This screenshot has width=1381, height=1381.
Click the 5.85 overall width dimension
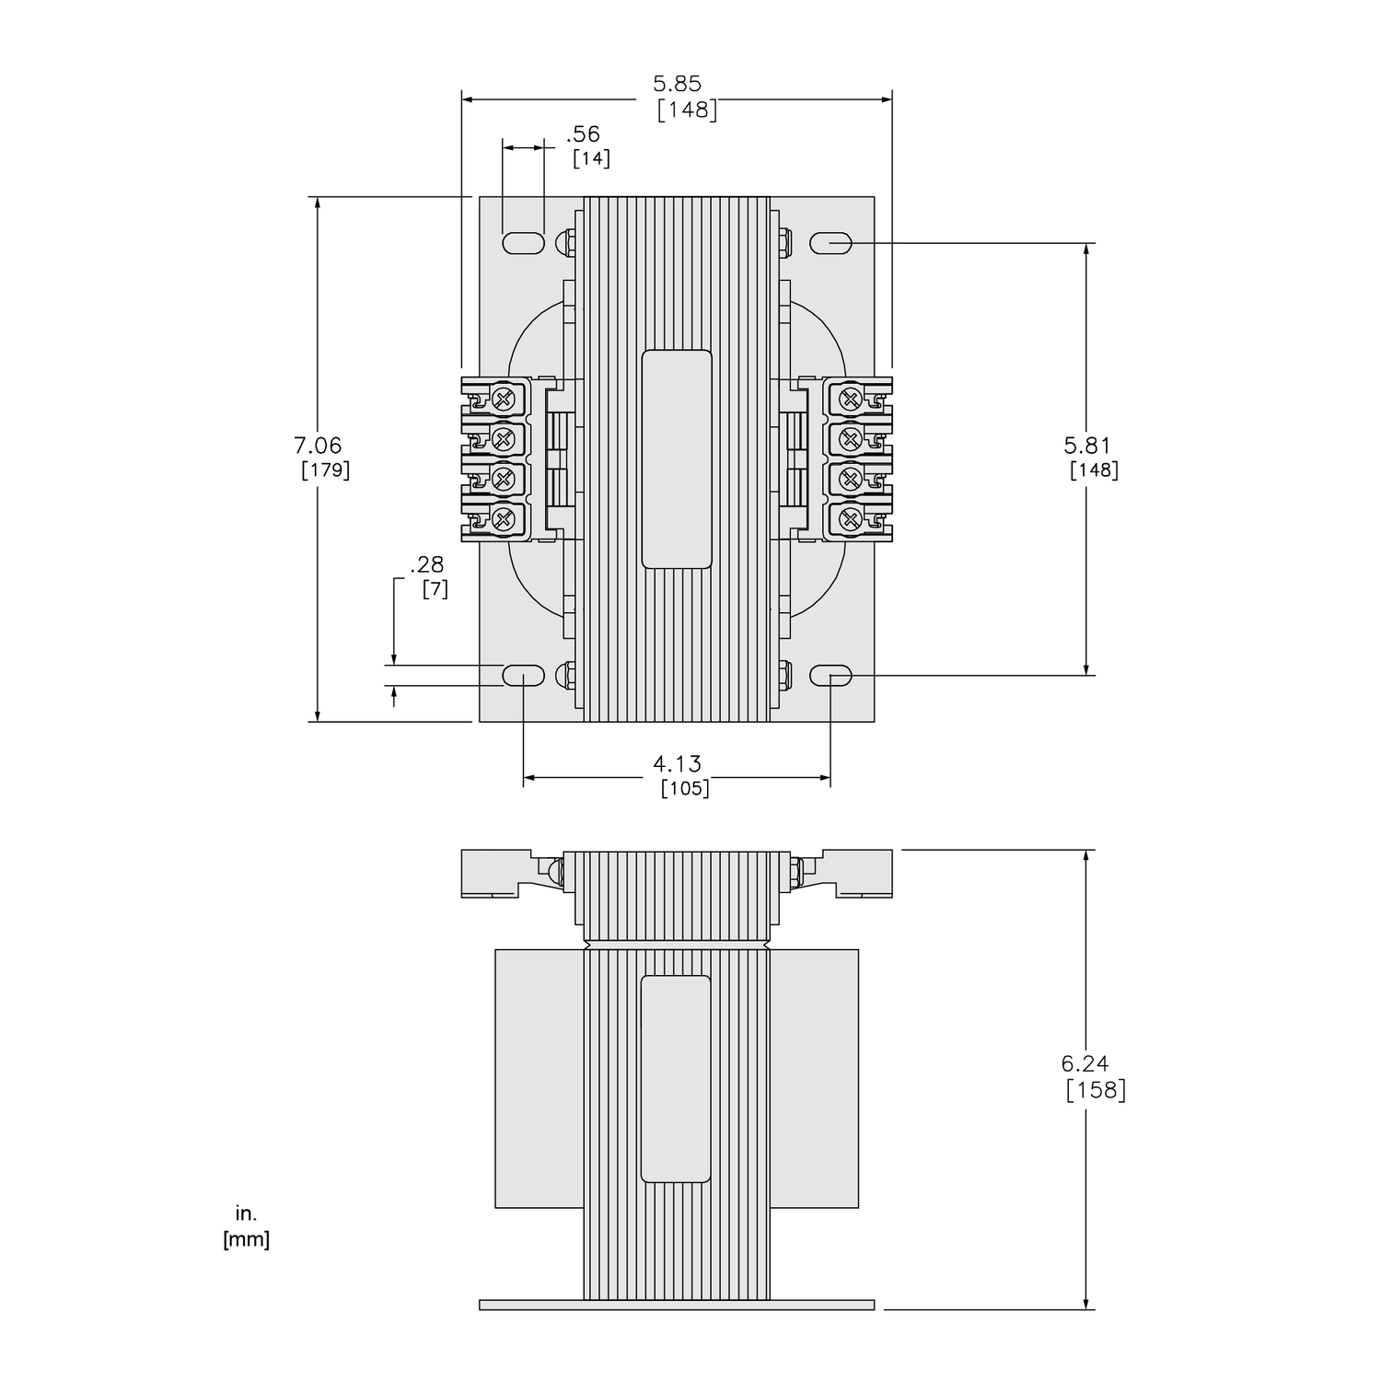677,84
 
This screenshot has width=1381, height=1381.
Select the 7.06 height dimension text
318,446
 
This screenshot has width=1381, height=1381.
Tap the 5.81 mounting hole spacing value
1087,446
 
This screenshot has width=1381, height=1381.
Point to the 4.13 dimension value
677,763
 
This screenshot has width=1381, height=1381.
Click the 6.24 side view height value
1085,1063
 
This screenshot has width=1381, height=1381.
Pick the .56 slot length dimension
583,134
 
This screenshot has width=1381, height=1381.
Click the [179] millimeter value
325,470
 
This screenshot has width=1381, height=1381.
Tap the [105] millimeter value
685,789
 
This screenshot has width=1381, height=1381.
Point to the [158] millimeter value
1096,1090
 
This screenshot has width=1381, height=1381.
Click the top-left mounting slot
523,243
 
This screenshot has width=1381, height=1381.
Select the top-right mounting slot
830,243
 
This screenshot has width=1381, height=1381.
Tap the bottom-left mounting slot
523,677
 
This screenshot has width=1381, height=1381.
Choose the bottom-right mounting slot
830,677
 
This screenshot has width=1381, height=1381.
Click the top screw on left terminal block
503,399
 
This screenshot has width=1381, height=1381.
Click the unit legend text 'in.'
246,1214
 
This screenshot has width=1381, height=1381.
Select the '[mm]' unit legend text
246,1240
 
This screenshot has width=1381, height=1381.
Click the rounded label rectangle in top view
677,458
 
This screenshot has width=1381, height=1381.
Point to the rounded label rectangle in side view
675,1079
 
